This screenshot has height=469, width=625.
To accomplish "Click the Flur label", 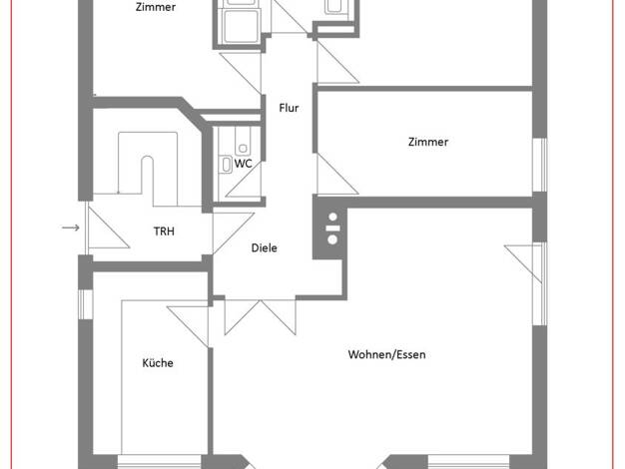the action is [x=289, y=108].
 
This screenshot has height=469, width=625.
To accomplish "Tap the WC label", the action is [x=244, y=164].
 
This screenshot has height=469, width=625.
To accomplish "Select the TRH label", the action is [x=164, y=232].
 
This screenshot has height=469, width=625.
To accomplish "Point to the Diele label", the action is [x=264, y=247].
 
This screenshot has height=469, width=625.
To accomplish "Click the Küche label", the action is [x=158, y=363].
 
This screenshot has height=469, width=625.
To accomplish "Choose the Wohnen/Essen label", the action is [x=386, y=354].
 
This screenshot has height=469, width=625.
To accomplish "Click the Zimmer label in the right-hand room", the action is [x=428, y=142].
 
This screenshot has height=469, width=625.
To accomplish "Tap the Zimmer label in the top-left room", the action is [x=156, y=7].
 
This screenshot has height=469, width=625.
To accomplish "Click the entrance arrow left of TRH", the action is [x=71, y=228].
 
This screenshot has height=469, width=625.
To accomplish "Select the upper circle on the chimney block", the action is [x=332, y=218].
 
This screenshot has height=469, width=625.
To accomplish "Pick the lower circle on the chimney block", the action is [x=332, y=239].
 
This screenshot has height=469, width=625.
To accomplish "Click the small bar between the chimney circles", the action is [x=332, y=229].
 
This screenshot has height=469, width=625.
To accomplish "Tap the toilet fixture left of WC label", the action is [x=227, y=165].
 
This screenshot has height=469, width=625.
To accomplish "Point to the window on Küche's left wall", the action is [x=85, y=304].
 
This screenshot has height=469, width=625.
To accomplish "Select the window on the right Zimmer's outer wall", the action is [x=540, y=165].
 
